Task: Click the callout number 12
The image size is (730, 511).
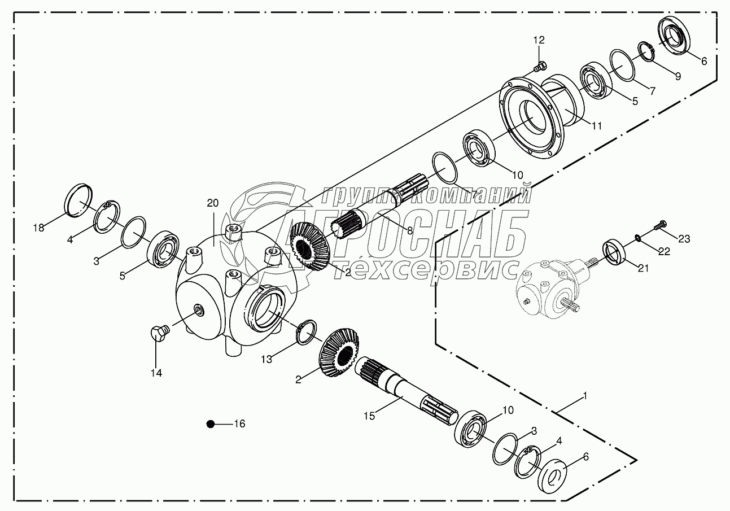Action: point(539,40)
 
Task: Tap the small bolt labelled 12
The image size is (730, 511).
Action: point(539,68)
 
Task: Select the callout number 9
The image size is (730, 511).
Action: point(677,76)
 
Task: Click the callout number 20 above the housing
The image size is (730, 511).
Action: point(212,203)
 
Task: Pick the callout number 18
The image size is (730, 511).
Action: point(38,228)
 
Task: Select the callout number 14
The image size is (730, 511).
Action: point(156,373)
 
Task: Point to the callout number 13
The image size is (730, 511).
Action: point(266,359)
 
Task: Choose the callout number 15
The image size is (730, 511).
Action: point(369,416)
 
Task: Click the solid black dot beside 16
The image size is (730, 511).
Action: point(210,423)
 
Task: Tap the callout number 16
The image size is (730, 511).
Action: point(239,423)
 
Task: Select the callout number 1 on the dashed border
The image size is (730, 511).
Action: point(585,396)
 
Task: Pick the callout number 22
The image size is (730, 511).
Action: point(664,252)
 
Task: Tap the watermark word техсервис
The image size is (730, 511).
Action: point(423,270)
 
